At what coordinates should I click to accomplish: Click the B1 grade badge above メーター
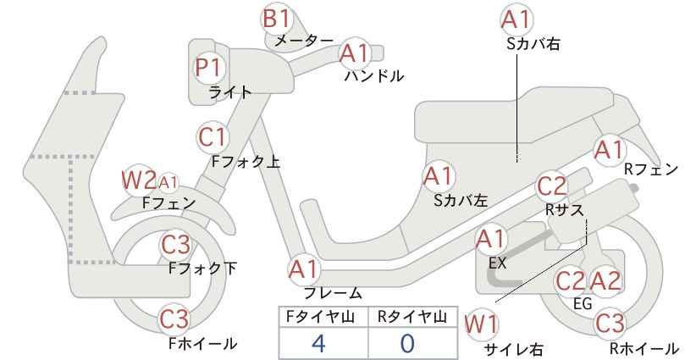276,19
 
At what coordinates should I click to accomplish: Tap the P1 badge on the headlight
207,68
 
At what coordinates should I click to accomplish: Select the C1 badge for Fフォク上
213,137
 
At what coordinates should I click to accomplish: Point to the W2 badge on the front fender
139,180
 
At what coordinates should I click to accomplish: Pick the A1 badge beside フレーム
304,270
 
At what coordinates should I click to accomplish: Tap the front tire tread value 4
318,343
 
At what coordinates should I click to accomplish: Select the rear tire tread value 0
407,343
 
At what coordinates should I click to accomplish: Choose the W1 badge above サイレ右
481,324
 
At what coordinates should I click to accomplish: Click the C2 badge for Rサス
551,186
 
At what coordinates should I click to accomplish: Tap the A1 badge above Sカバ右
516,19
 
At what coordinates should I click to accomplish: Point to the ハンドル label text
374,76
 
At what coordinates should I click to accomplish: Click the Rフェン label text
651,169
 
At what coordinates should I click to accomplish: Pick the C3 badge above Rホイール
610,324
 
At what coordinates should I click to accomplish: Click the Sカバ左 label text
461,201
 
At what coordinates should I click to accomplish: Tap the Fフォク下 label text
203,269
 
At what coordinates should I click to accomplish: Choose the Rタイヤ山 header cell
412,317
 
